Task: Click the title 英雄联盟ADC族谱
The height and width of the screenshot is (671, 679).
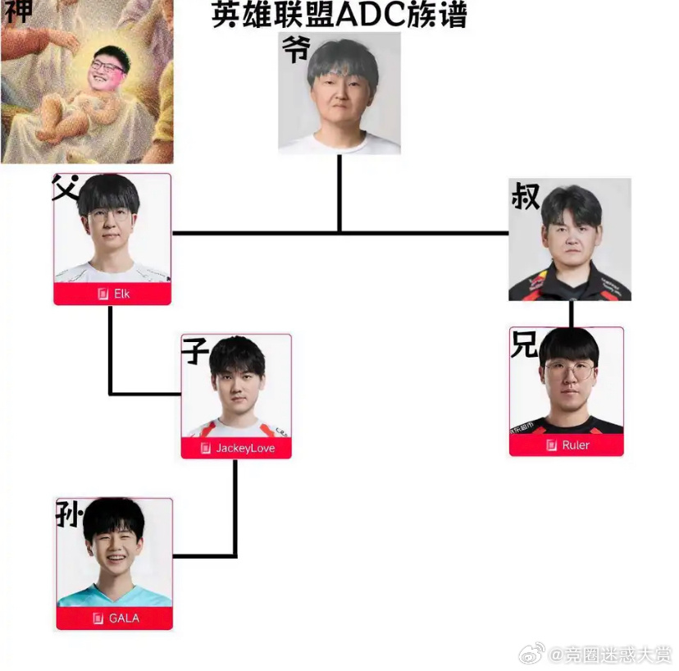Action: (x=339, y=15)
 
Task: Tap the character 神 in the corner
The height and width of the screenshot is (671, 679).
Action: (x=18, y=11)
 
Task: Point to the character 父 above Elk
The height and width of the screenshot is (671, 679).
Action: (x=66, y=188)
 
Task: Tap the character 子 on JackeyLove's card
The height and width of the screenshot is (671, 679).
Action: (x=195, y=351)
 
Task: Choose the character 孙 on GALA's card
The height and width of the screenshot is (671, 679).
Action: (x=69, y=514)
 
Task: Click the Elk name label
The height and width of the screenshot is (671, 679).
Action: (x=121, y=294)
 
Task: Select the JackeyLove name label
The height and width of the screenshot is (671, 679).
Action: (x=245, y=448)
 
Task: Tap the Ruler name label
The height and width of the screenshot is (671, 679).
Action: (x=575, y=445)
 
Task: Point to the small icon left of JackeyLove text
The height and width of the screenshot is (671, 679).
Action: (x=207, y=448)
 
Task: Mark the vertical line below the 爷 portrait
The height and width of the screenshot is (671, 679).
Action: (x=339, y=193)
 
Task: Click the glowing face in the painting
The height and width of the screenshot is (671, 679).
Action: (x=107, y=68)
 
